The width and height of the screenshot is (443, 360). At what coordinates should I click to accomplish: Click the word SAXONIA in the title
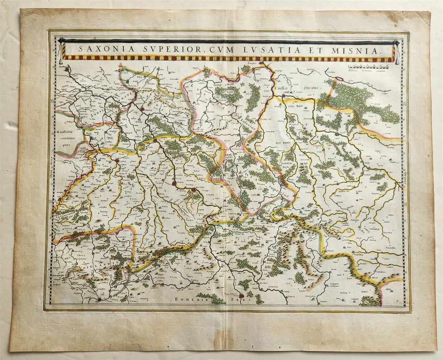[x=95, y=50]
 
